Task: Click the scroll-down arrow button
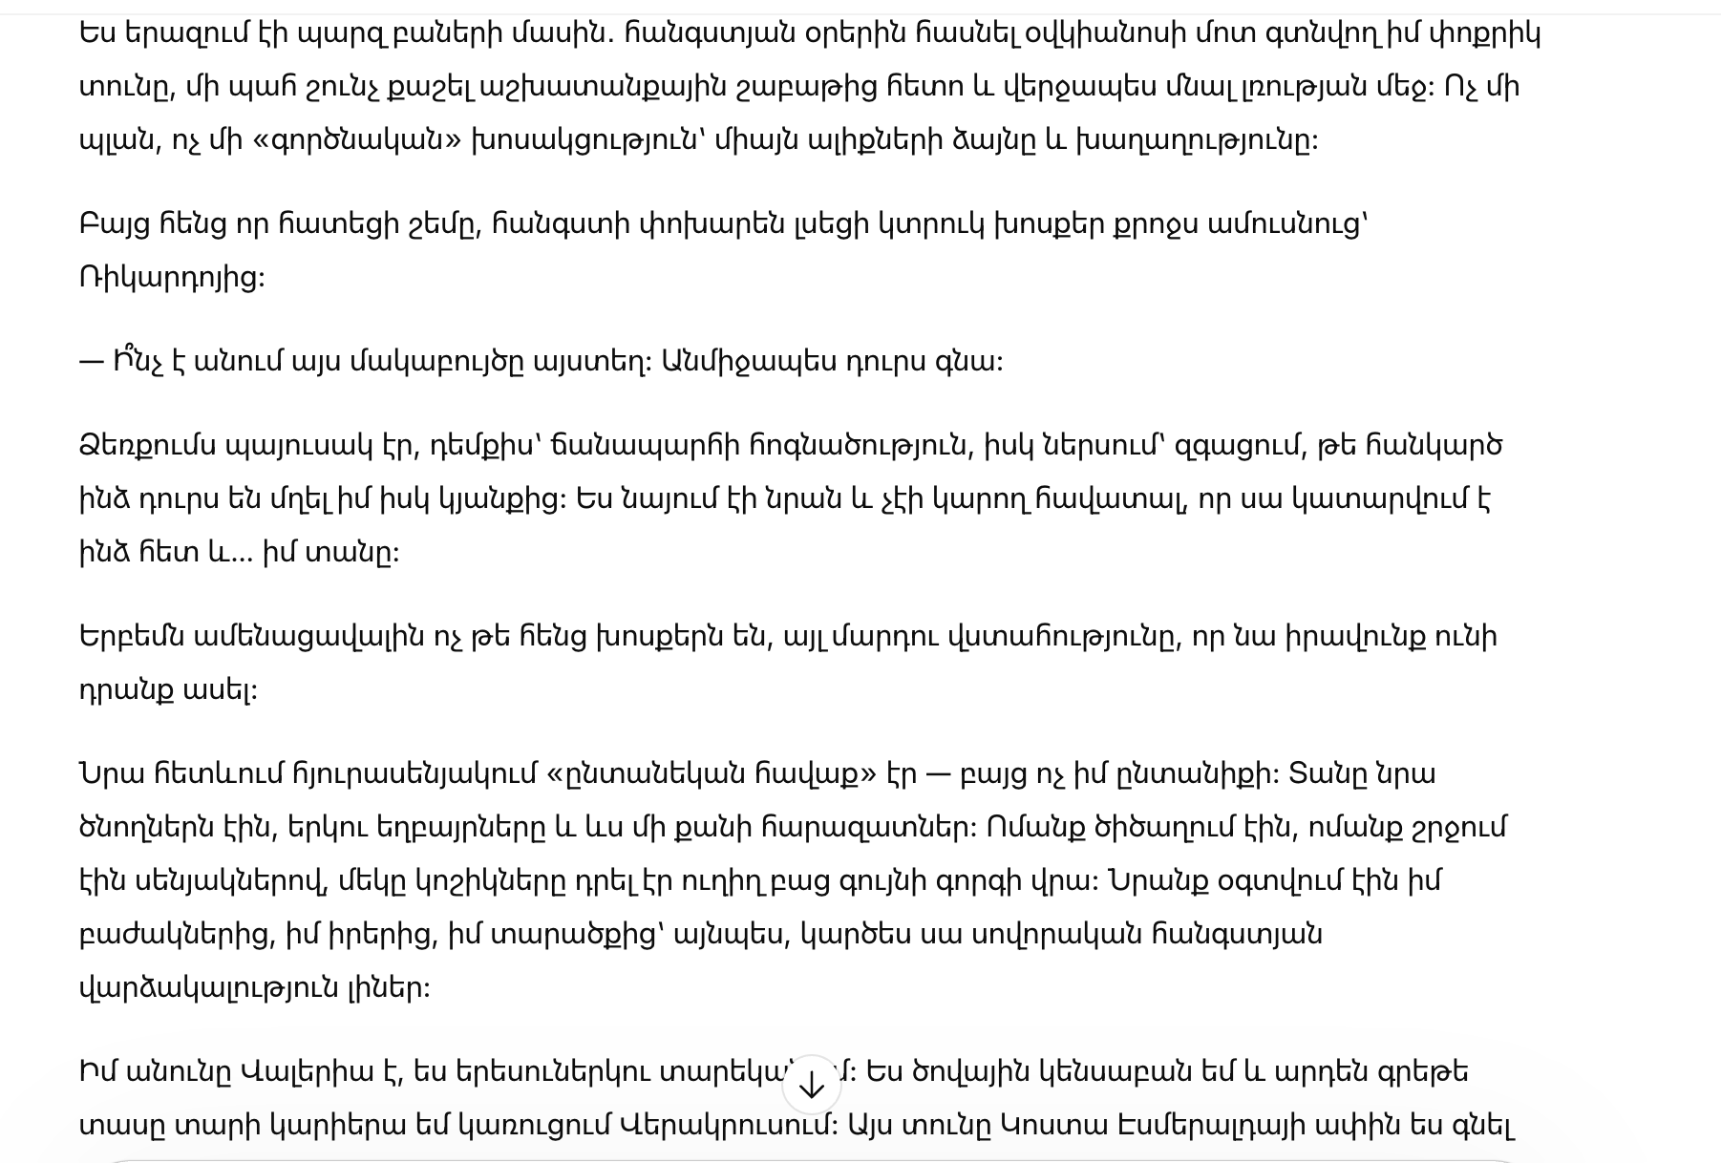tap(811, 1085)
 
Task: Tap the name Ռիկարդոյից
tap(172, 278)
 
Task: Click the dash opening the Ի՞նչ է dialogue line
tap(91, 363)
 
